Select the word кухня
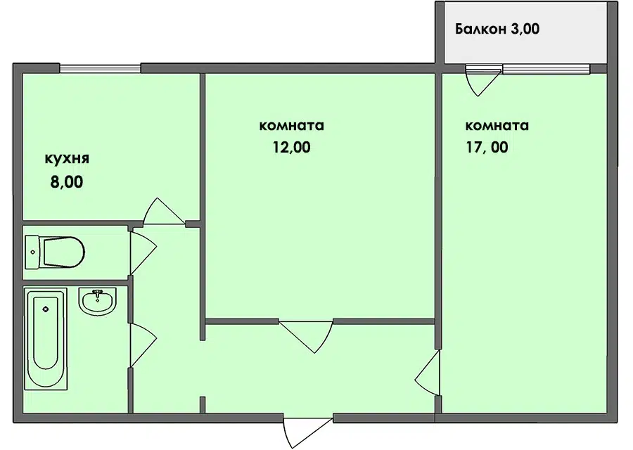point(67,158)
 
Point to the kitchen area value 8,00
point(67,182)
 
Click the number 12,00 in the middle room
point(291,148)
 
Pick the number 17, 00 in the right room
point(487,148)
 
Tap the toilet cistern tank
point(32,252)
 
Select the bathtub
point(46,338)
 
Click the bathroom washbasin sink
point(97,302)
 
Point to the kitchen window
point(100,68)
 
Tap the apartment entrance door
point(307,432)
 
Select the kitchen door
point(163,212)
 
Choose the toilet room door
point(143,252)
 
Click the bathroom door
point(143,345)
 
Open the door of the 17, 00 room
point(428,372)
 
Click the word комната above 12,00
point(291,126)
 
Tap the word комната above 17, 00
point(497,126)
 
